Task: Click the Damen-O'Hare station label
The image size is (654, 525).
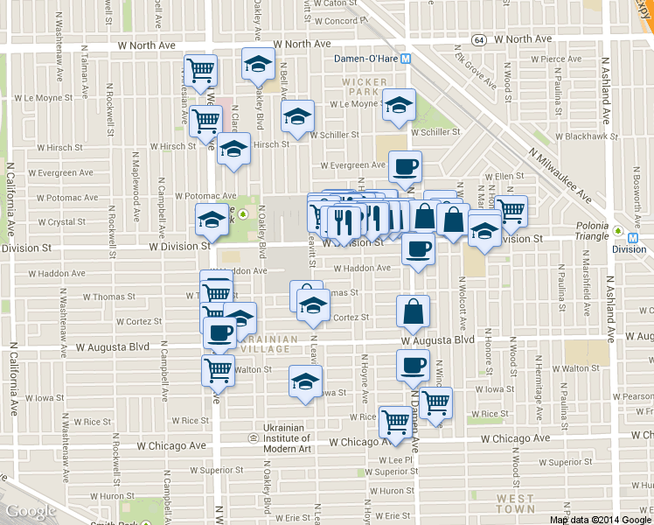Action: coord(365,59)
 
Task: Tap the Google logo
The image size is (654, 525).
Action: coord(31,512)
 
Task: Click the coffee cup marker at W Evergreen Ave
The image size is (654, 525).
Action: coord(405,165)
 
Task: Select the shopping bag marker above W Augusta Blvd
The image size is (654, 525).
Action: coord(413,311)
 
